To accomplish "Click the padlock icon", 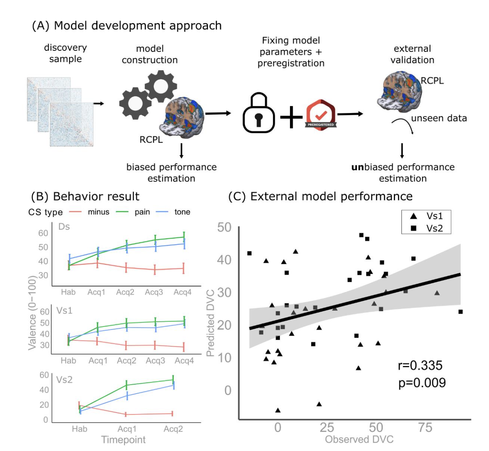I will [x=258, y=113].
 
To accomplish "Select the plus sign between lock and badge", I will [x=291, y=116].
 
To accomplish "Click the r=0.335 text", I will [x=420, y=365].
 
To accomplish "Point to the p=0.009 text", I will [x=422, y=383].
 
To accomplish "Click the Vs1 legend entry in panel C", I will [x=427, y=216].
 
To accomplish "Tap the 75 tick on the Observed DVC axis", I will [x=425, y=427].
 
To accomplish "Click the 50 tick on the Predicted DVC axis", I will [x=224, y=227].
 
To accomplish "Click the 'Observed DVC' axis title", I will [x=359, y=439].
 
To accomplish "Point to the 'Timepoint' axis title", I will [x=123, y=440].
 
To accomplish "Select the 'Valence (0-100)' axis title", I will [x=32, y=312].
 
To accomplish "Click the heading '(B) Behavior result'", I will [x=85, y=196].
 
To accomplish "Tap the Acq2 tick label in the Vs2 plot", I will [x=173, y=429].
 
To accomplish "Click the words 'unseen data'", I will [x=439, y=118].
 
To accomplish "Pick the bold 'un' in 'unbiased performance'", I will [x=357, y=167].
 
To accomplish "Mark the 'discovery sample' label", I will [x=65, y=53].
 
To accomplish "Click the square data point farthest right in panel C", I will [x=461, y=312].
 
